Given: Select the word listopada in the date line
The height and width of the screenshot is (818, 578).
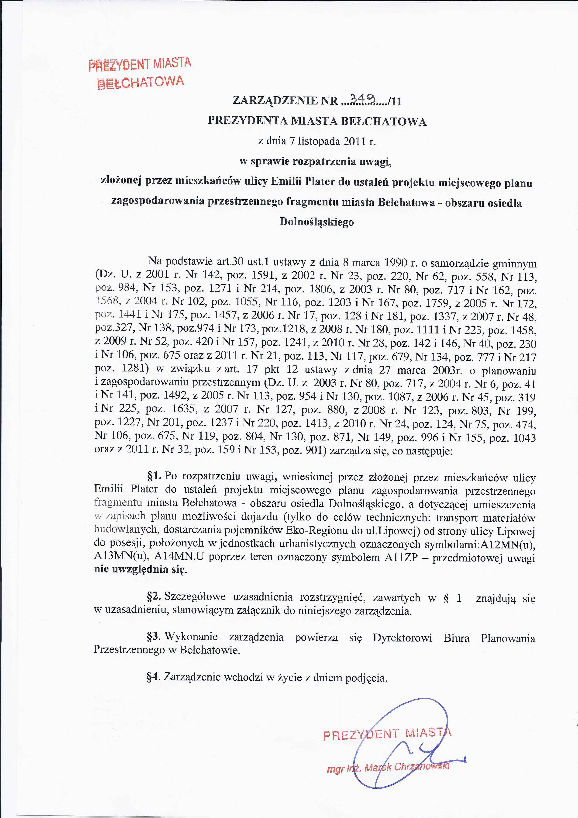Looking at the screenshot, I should point(319,142).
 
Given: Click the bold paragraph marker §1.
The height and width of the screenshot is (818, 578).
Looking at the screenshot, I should point(154,476).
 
